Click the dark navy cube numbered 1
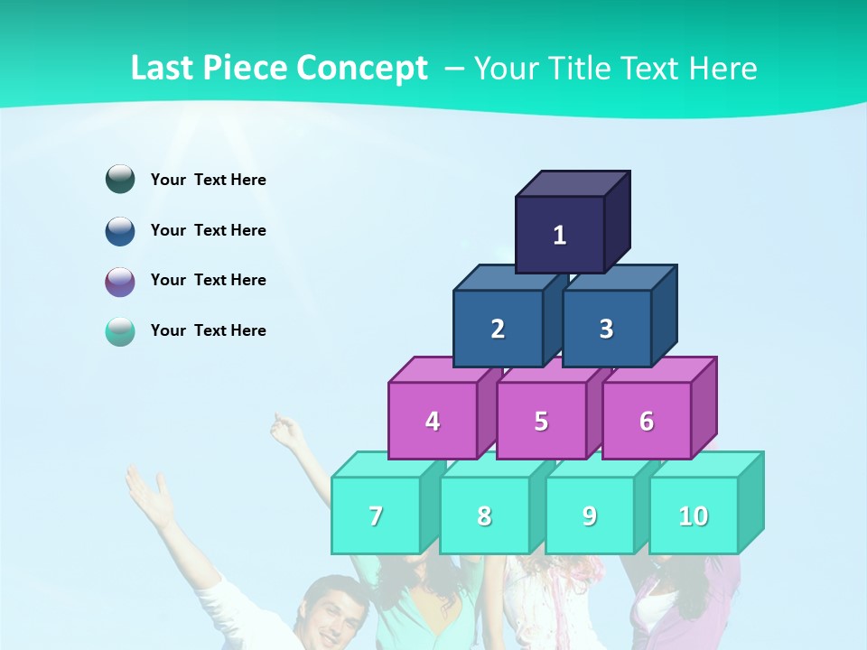point(560,235)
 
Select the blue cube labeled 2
point(498,329)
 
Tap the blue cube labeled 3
point(606,329)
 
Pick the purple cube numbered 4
point(433,421)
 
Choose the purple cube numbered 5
point(541,421)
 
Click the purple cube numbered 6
point(647,421)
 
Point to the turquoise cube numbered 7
point(376,515)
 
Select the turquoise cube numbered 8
point(484,515)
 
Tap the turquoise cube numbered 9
point(590,515)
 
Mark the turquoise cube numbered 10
point(694,515)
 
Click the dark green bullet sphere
point(120,179)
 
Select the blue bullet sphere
point(120,230)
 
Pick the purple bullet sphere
point(120,281)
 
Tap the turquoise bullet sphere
point(120,331)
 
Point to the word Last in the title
point(163,68)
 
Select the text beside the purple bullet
point(209,280)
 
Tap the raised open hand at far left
point(150,496)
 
